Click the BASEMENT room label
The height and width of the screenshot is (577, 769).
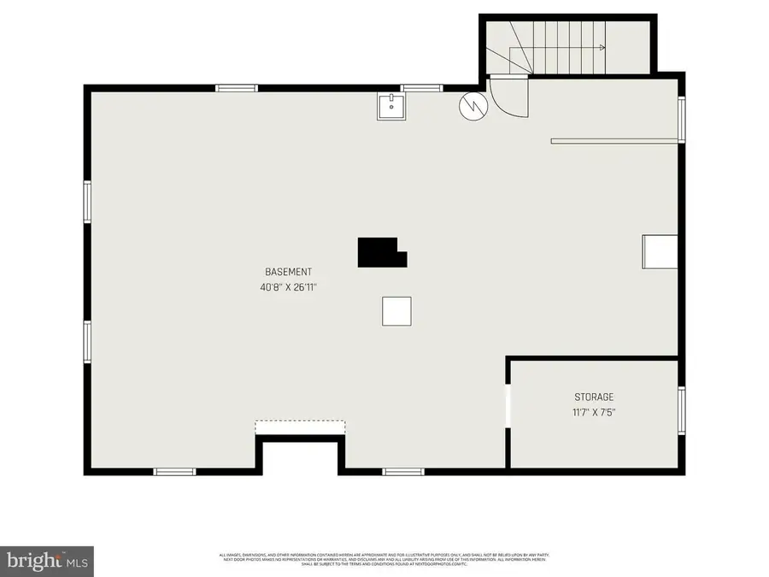tap(282, 272)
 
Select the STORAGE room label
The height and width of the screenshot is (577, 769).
tap(593, 397)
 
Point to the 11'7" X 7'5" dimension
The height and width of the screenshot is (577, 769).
tap(593, 412)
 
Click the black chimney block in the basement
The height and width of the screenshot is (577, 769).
tap(379, 253)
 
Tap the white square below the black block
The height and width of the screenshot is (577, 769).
tap(396, 311)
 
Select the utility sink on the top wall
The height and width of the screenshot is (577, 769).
tap(392, 107)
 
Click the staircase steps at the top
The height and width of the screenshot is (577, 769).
tap(555, 47)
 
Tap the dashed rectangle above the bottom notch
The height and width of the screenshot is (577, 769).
tap(300, 427)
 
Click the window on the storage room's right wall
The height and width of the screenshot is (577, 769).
tap(681, 410)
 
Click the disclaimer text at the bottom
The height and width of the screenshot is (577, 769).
tap(384, 560)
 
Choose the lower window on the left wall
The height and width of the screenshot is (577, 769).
tap(87, 341)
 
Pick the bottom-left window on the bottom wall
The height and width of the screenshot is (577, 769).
tap(174, 471)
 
